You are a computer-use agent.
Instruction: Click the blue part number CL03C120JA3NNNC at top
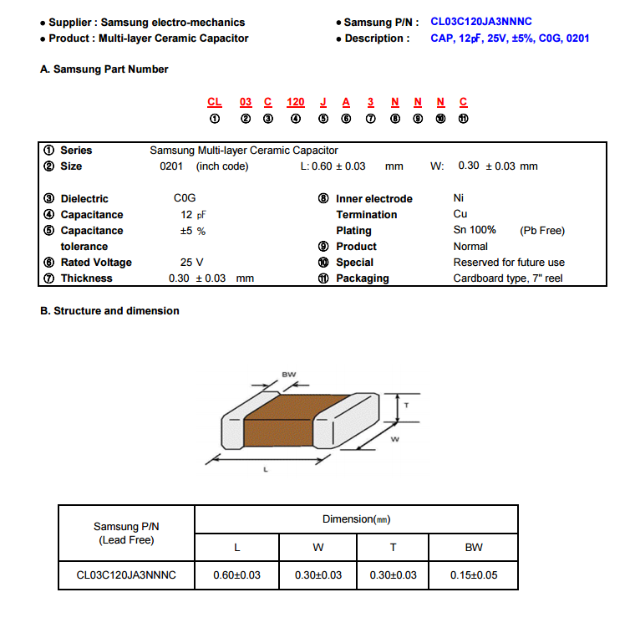(481, 22)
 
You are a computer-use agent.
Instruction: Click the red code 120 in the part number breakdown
(296, 102)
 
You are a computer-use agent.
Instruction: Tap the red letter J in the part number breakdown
(323, 102)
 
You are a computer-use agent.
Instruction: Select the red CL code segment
(215, 102)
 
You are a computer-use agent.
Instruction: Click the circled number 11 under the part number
(464, 119)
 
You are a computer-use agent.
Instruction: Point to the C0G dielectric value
(185, 199)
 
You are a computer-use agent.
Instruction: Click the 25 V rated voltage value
(192, 263)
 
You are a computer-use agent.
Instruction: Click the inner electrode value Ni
(459, 199)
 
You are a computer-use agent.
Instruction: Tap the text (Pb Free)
(542, 231)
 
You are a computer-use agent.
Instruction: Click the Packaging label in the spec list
(362, 278)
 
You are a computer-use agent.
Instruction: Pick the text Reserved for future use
(509, 263)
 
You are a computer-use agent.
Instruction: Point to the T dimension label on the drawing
(406, 405)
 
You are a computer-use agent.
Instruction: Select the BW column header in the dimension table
(474, 548)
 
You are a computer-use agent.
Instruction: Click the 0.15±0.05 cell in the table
(474, 575)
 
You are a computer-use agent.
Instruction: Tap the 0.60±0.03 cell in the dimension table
(237, 575)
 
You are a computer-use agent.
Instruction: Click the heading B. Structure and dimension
(109, 311)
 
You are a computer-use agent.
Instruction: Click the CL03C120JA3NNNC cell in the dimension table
(126, 575)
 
